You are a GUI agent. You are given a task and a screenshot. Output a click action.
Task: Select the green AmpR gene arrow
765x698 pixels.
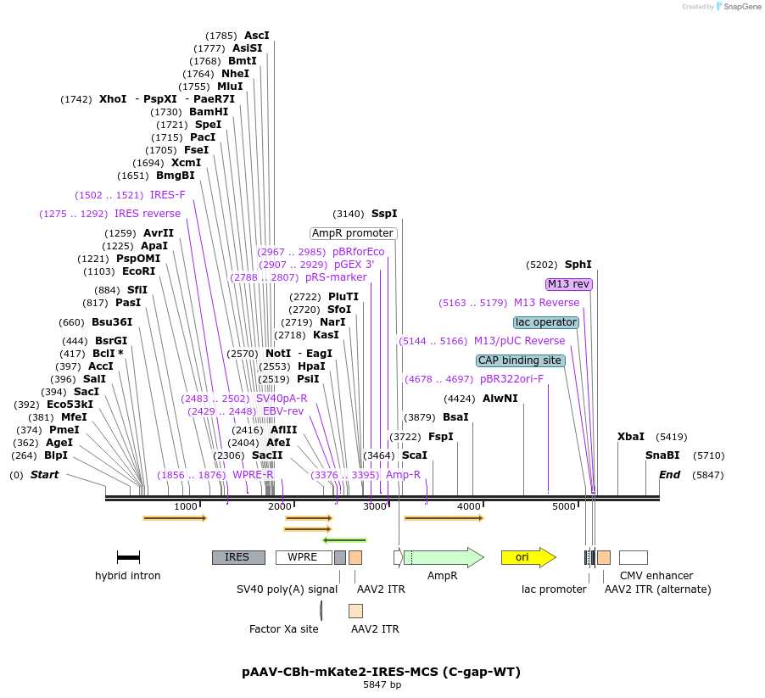tap(443, 557)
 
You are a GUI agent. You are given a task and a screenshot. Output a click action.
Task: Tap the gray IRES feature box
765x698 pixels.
tap(238, 557)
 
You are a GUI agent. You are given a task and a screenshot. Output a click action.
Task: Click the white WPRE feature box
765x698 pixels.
tap(303, 557)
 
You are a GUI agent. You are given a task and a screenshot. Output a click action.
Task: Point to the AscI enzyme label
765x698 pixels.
tap(256, 36)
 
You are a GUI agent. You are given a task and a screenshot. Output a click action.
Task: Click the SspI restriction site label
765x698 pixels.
tap(384, 214)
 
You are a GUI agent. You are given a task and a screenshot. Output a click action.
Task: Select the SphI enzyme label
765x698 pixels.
tap(578, 265)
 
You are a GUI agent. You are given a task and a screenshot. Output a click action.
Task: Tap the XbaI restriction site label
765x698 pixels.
tap(631, 437)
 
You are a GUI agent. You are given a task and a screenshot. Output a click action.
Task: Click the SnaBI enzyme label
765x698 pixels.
tap(662, 455)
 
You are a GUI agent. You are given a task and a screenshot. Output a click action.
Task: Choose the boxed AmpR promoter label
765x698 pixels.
tap(353, 233)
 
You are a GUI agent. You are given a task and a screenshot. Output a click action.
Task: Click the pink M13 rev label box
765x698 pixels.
tap(569, 284)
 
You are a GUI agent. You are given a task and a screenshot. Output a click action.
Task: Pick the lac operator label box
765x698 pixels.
tap(546, 322)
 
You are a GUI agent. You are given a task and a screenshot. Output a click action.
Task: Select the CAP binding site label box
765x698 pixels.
tap(520, 360)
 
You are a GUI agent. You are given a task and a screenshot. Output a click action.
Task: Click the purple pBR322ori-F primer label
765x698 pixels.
tap(511, 379)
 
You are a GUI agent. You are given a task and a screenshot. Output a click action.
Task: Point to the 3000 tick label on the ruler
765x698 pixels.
tap(375, 506)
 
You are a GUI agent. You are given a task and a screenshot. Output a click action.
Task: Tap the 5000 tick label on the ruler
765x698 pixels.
tap(564, 506)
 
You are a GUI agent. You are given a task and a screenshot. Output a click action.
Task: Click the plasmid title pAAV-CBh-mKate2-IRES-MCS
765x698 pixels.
tap(381, 672)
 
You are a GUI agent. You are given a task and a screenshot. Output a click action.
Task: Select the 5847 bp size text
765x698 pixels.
tap(382, 685)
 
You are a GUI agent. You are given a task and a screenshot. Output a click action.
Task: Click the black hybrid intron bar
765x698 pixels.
tap(128, 557)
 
